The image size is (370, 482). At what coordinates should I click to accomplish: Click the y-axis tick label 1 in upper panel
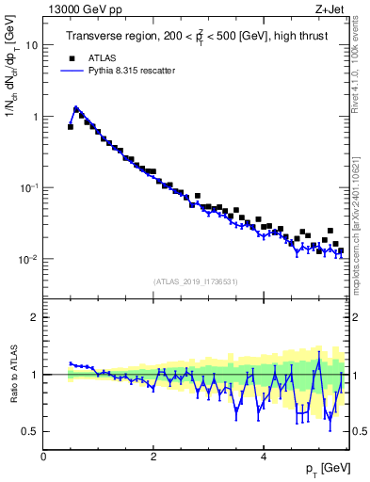pos(35,117)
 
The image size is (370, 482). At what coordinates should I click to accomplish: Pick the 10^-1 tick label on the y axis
pos(29,187)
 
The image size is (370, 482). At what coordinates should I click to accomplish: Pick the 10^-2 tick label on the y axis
pos(29,259)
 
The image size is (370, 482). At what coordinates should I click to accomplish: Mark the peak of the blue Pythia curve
pos(76,108)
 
